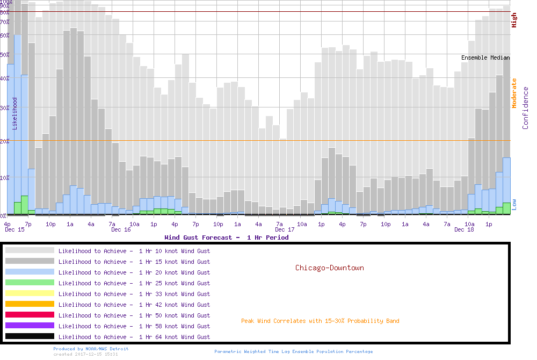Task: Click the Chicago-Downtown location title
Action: pyautogui.click(x=329, y=268)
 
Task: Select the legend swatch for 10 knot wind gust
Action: pyautogui.click(x=30, y=250)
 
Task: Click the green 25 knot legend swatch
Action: pyautogui.click(x=30, y=283)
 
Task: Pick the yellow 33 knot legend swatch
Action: pyautogui.click(x=30, y=293)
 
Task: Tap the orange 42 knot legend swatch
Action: pyautogui.click(x=30, y=304)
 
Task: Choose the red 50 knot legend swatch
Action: pyautogui.click(x=30, y=315)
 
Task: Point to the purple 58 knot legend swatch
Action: pyautogui.click(x=30, y=326)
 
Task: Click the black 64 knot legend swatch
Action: pyautogui.click(x=30, y=336)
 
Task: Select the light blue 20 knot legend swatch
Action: pyautogui.click(x=30, y=272)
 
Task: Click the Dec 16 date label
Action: pyautogui.click(x=121, y=229)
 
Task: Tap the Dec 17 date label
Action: pyautogui.click(x=285, y=229)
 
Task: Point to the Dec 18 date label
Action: pyautogui.click(x=464, y=229)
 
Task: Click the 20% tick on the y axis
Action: pyautogui.click(x=5, y=141)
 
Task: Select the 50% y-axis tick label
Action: pyautogui.click(x=5, y=54)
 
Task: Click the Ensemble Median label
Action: pyautogui.click(x=485, y=57)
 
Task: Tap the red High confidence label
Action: pyautogui.click(x=514, y=20)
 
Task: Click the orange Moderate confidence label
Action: pyautogui.click(x=514, y=93)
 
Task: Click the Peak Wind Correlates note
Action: pyautogui.click(x=320, y=321)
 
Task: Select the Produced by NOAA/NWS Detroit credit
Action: pyautogui.click(x=91, y=349)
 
